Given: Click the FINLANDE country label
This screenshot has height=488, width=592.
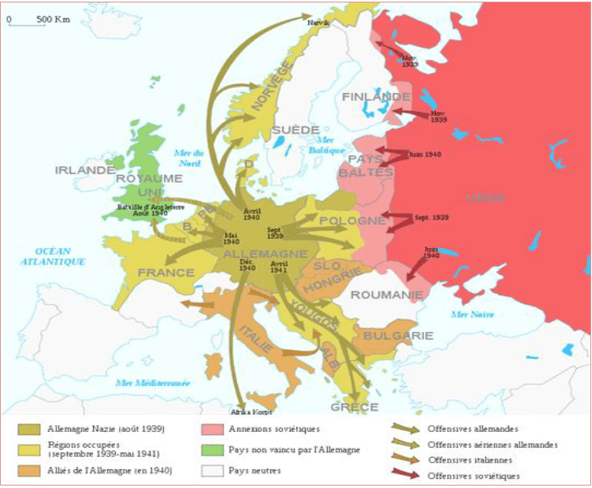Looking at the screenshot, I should pyautogui.click(x=364, y=96).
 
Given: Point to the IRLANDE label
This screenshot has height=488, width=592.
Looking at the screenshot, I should pyautogui.click(x=85, y=170).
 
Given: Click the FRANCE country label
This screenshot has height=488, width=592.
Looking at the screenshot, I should pyautogui.click(x=166, y=272).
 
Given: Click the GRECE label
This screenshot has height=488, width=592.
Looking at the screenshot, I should pyautogui.click(x=354, y=406).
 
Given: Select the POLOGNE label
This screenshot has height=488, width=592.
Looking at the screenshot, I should pyautogui.click(x=352, y=220).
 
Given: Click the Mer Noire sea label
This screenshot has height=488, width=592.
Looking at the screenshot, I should pyautogui.click(x=476, y=313).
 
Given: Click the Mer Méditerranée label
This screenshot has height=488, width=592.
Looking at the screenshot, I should pyautogui.click(x=152, y=382).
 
